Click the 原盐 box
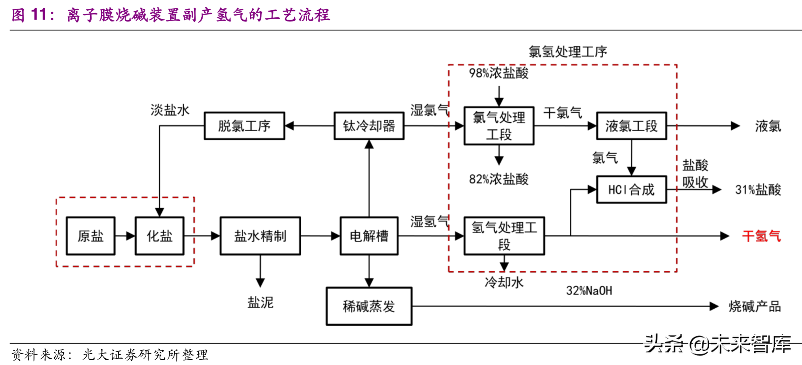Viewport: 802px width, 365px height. click(x=91, y=236)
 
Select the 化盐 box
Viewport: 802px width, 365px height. click(x=159, y=236)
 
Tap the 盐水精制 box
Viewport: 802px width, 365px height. click(x=260, y=236)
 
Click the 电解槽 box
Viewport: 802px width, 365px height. click(x=369, y=236)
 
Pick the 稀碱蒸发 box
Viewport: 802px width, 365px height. click(x=369, y=306)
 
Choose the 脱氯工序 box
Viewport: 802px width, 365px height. click(x=244, y=126)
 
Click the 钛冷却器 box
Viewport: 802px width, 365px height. click(x=369, y=126)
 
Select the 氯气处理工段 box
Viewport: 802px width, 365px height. click(x=499, y=126)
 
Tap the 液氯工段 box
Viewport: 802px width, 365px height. click(x=631, y=126)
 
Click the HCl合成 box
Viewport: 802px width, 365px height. click(x=631, y=190)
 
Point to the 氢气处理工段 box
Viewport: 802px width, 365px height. click(x=504, y=236)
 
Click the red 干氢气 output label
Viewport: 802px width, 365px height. click(x=761, y=236)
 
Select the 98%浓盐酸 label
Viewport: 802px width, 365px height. click(x=499, y=73)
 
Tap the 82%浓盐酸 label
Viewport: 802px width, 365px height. click(x=499, y=179)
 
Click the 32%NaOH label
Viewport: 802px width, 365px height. click(x=589, y=291)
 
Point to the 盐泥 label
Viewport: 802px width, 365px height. click(x=260, y=303)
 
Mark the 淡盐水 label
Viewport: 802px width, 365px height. click(x=170, y=110)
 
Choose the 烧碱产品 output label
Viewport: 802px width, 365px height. click(x=755, y=306)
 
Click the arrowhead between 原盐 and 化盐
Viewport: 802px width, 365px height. click(x=130, y=236)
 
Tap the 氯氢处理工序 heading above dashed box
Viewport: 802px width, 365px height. click(x=568, y=52)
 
